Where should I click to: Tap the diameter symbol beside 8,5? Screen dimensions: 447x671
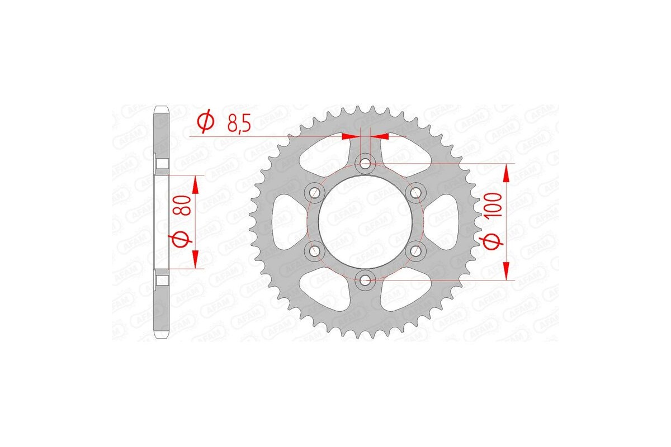click(x=205, y=122)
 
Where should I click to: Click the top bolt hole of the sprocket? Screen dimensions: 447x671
click(x=365, y=163)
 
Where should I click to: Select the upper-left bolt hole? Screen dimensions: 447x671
click(x=315, y=192)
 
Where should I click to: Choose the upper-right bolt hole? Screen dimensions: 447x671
click(x=415, y=192)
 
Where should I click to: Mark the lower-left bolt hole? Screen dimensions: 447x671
click(x=315, y=250)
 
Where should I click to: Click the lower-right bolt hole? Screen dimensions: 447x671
click(x=415, y=250)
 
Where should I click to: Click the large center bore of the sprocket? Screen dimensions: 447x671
click(x=365, y=221)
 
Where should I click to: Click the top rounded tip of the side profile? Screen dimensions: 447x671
click(x=162, y=108)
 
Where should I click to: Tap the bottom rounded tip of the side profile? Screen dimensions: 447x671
click(x=162, y=337)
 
